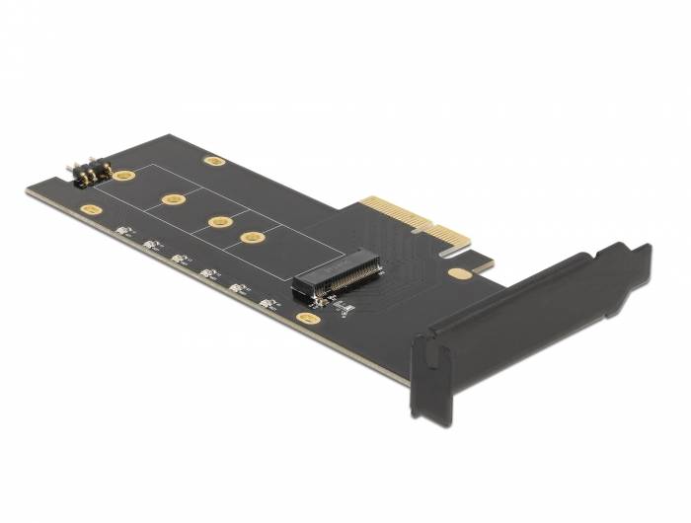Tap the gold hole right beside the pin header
coord(124,176)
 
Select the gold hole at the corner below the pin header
coord(92,210)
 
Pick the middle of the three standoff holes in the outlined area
coord(220,220)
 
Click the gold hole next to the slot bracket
coord(458,273)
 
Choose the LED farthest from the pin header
coord(267,302)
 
